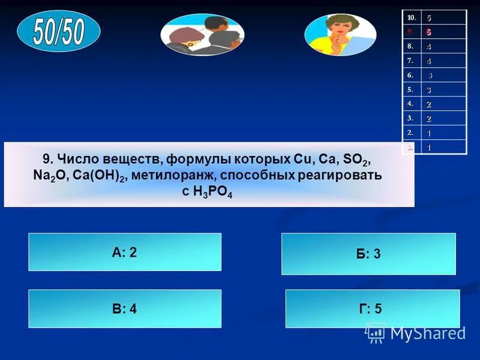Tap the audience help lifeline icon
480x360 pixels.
pyautogui.click(x=202, y=34)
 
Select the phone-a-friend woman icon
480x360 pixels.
pyautogui.click(x=340, y=34)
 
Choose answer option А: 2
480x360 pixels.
pyautogui.click(x=125, y=252)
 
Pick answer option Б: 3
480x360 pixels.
pyautogui.click(x=368, y=254)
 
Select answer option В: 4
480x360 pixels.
pyautogui.click(x=125, y=309)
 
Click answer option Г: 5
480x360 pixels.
pyautogui.click(x=372, y=309)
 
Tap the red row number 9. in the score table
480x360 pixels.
pyautogui.click(x=410, y=32)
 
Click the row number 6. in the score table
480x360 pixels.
pyautogui.click(x=410, y=75)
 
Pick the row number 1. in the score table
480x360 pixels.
pyautogui.click(x=410, y=147)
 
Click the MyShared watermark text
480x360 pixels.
pyautogui.click(x=427, y=333)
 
